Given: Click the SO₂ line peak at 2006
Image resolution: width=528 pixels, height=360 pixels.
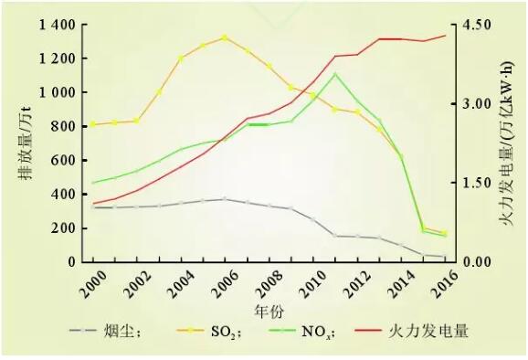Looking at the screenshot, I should pos(224,37).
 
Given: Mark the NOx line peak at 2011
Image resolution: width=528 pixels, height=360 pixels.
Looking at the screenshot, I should pos(335,73).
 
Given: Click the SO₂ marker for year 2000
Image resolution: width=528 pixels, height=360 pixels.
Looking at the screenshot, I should pos(92,124).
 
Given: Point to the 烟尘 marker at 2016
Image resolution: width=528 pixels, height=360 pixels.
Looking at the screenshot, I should pos(446,258).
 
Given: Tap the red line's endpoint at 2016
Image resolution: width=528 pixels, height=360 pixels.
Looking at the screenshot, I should pos(446,36).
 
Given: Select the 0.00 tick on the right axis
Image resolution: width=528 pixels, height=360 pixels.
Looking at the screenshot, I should pos(476,262).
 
